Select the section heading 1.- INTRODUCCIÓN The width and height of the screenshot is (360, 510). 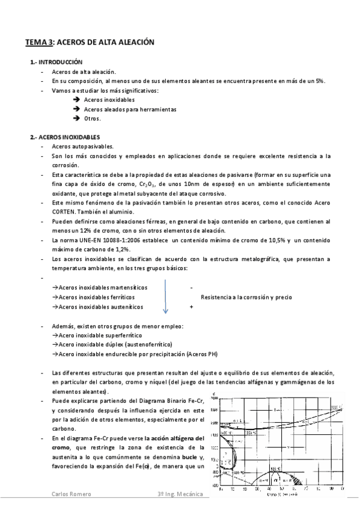(x=56, y=63)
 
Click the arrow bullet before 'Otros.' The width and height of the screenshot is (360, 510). (x=76, y=118)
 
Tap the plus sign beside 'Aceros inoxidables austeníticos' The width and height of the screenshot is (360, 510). (x=191, y=307)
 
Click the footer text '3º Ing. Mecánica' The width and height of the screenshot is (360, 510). (x=177, y=494)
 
